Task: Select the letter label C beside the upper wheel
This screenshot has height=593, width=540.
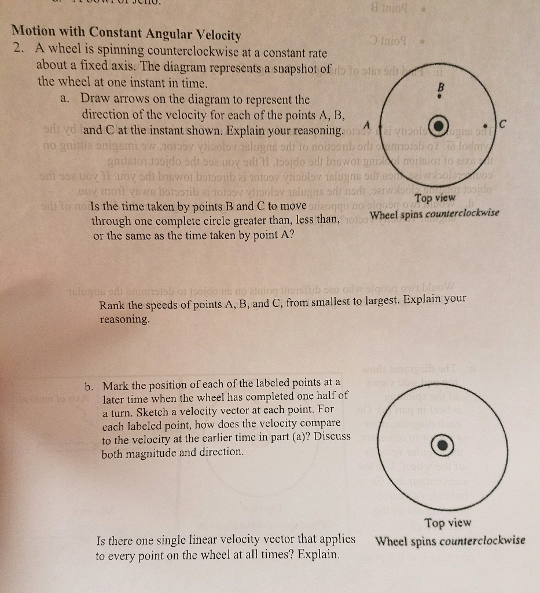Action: (x=502, y=123)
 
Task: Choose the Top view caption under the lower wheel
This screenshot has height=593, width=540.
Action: (x=448, y=523)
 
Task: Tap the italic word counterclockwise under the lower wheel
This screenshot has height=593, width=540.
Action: (x=482, y=541)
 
